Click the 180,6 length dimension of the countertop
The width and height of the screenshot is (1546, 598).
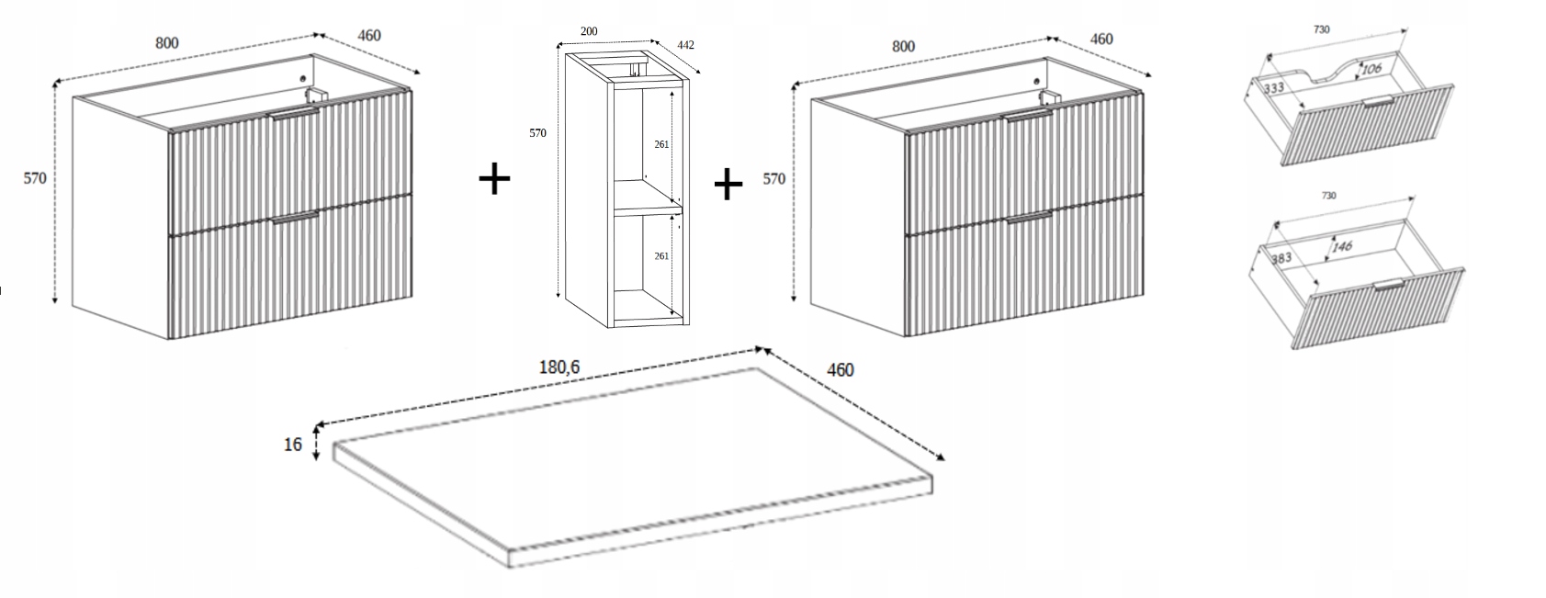pyautogui.click(x=559, y=367)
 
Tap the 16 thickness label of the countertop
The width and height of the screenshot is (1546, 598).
pyautogui.click(x=293, y=446)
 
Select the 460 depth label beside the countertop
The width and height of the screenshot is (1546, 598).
pyautogui.click(x=840, y=370)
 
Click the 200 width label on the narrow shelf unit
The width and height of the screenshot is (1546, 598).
pyautogui.click(x=589, y=31)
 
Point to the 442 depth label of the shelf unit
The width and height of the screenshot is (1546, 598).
pyautogui.click(x=685, y=44)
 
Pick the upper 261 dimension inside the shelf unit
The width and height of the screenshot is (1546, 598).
pyautogui.click(x=661, y=144)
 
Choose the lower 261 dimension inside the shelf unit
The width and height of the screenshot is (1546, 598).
pyautogui.click(x=661, y=256)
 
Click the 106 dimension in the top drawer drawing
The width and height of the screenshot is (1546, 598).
pyautogui.click(x=1371, y=69)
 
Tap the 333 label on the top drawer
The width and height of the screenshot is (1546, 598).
pyautogui.click(x=1273, y=88)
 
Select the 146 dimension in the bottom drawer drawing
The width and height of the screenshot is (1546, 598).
pyautogui.click(x=1342, y=247)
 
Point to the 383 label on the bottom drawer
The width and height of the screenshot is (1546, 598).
pyautogui.click(x=1281, y=259)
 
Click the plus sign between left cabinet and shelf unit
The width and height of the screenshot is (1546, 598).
pyautogui.click(x=494, y=178)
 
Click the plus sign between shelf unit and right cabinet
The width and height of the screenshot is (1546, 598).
pyautogui.click(x=728, y=185)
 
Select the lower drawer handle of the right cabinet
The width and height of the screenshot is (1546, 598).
pyautogui.click(x=1029, y=218)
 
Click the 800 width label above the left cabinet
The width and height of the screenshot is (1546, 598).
pyautogui.click(x=166, y=42)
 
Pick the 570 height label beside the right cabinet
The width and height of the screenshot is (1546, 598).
pyautogui.click(x=774, y=179)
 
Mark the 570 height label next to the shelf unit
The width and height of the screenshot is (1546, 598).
pyautogui.click(x=537, y=133)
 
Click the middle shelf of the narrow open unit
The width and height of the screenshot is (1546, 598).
pyautogui.click(x=648, y=209)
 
